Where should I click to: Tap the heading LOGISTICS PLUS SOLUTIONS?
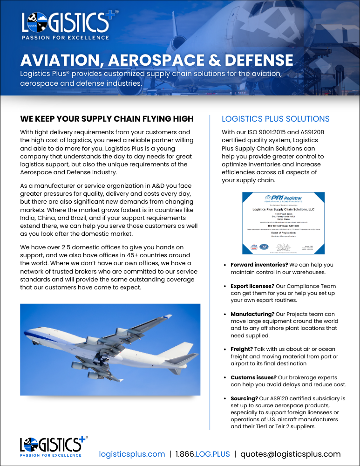[275, 119]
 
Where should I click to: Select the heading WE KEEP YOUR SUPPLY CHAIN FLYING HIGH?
[107, 119]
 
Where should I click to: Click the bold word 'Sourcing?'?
[245, 398]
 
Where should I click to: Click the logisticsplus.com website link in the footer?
[132, 454]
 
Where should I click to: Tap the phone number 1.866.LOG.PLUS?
[203, 454]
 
